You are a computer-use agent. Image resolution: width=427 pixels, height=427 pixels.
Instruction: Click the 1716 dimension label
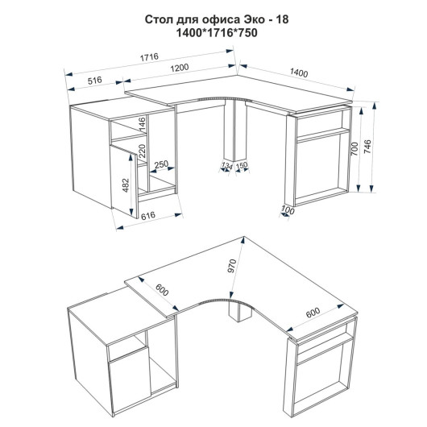coord(149,57)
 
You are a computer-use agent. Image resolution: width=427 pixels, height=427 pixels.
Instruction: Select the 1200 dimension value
coord(180,68)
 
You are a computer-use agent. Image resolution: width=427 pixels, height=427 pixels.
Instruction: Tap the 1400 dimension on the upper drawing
coord(299,73)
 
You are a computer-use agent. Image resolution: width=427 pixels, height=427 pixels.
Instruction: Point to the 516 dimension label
coord(95,81)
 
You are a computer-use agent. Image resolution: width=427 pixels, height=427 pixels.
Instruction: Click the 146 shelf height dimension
coord(142,124)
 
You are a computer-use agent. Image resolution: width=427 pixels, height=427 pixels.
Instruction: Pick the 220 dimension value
coord(142,151)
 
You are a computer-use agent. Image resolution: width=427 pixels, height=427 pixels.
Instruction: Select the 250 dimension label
coord(161,164)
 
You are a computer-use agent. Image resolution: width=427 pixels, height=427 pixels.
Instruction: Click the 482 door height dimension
coord(126,185)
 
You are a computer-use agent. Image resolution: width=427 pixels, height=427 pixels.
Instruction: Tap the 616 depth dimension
coord(148,215)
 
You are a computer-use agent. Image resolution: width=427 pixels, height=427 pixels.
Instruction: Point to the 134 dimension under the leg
coord(226,166)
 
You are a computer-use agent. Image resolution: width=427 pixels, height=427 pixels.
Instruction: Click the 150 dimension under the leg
coord(241,165)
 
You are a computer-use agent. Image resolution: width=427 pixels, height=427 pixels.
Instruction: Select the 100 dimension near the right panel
coord(288,210)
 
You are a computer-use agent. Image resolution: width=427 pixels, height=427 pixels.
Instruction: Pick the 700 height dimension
coord(354,149)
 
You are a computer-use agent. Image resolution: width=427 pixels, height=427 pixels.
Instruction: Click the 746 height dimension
coord(367,147)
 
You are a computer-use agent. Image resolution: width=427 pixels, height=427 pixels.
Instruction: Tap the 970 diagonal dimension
coord(231,267)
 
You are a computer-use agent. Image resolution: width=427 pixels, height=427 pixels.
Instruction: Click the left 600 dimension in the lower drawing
coord(162,290)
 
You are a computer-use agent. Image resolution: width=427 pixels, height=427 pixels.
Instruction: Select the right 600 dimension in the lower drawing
coord(313,313)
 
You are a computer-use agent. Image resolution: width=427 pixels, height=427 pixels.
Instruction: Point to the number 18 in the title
coord(283,19)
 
